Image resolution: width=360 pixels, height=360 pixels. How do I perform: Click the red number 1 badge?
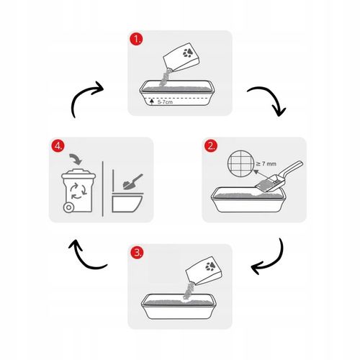coord(136,39)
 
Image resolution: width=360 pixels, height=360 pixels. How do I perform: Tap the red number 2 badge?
coord(211,146)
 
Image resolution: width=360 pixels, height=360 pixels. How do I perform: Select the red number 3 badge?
coord(137,253)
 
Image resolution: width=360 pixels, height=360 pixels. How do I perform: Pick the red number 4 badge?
coord(58,146)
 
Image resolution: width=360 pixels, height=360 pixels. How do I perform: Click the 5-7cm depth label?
coord(165,102)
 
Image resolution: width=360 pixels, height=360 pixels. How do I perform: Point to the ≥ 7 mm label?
coord(266,163)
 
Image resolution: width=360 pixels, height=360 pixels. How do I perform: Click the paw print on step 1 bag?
coord(188,53)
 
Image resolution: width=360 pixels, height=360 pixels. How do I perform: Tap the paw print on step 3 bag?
coord(210,266)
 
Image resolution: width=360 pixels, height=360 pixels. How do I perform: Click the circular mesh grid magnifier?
coord(240,163)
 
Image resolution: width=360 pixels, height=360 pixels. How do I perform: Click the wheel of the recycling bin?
coord(68,207)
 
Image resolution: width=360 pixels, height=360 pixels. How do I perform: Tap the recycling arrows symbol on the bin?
coord(78,191)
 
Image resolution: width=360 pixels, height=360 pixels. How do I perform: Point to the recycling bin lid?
coord(78,174)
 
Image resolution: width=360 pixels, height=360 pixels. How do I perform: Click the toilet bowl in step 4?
coord(127,203)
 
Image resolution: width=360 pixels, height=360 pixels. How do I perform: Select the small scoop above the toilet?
coord(132,182)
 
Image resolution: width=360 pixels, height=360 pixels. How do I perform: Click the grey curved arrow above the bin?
coord(76,158)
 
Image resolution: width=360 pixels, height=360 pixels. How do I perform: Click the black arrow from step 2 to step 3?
coord(276,261)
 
